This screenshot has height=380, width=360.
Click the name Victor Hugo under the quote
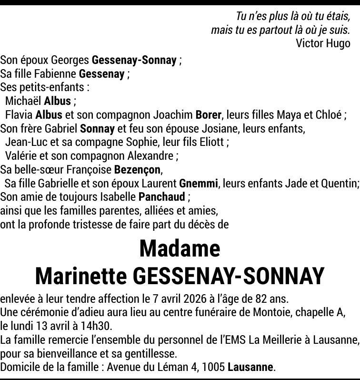(323, 43)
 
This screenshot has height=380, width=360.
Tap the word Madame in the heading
(180, 248)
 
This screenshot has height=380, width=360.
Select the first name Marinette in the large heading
(80, 276)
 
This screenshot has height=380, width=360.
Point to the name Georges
(70, 61)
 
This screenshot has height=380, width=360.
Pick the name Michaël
(23, 101)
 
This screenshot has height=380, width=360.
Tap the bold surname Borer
(209, 115)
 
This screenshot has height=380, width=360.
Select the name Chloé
(328, 115)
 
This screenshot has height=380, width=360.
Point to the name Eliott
(210, 142)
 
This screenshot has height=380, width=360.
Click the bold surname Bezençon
(138, 170)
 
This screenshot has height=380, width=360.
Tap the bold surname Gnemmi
(199, 184)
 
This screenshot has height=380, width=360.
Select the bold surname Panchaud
(161, 197)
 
